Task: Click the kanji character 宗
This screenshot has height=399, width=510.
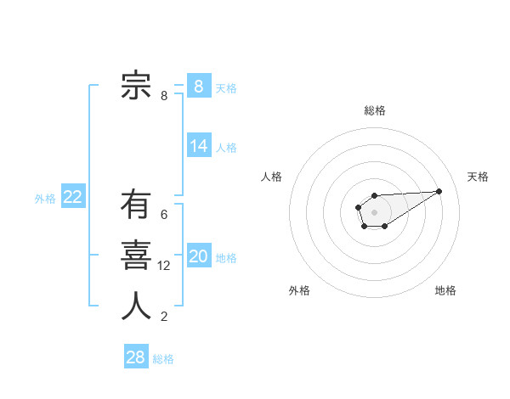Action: point(136,85)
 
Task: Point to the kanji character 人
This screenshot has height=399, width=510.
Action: point(136,306)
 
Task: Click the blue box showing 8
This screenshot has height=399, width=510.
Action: point(198,86)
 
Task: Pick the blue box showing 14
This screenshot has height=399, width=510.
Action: point(198,146)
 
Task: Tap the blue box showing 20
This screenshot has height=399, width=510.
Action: point(198,256)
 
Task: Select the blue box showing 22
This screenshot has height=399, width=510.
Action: point(72,197)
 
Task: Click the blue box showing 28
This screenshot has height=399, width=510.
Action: point(136,357)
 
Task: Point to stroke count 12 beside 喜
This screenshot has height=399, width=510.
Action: point(164,266)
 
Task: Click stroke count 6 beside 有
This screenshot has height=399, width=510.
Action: point(164,215)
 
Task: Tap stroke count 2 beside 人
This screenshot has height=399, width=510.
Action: point(164,318)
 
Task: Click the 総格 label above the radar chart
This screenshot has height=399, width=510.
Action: point(374,110)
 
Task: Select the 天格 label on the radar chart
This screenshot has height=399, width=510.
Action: point(478,177)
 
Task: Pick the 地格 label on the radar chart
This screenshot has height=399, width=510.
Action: point(445,291)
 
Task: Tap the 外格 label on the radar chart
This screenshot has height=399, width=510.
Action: point(299,291)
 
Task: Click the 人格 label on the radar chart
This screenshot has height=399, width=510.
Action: point(271,177)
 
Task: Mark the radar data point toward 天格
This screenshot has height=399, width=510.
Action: point(439,190)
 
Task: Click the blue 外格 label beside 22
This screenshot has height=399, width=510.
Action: point(45,199)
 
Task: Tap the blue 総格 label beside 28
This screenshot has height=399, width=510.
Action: point(163,359)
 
